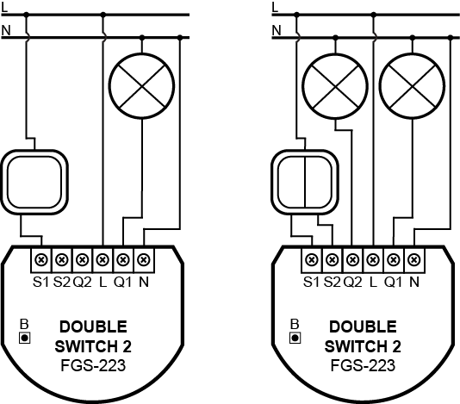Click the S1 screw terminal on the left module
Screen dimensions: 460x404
pos(41,259)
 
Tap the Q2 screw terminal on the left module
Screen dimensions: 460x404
pos(83,259)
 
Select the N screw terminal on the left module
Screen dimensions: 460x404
pos(144,259)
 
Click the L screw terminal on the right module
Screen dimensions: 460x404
pos(373,259)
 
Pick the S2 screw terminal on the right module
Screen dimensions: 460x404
pos(333,259)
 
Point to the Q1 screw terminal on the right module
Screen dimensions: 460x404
pos(394,259)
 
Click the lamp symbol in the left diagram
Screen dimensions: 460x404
pos(141,86)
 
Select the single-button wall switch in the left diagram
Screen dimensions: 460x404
pos(34,183)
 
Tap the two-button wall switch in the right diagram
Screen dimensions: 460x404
pos(305,183)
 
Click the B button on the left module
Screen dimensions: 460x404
pos(25,338)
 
